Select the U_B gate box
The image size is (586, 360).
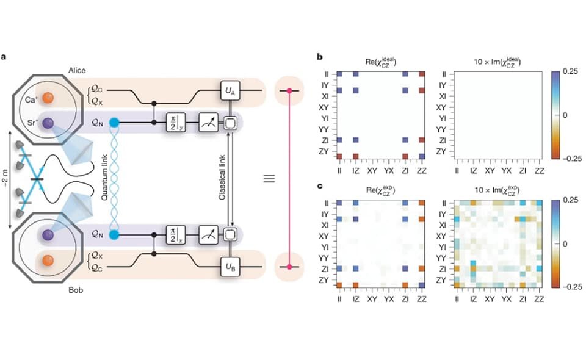[230, 267]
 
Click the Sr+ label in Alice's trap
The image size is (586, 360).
[32, 124]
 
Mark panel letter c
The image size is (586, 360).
[320, 185]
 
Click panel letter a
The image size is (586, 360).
[4, 57]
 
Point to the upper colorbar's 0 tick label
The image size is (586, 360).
[565, 115]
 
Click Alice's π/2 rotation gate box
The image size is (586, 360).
[175, 124]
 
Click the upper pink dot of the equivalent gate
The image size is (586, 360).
[289, 91]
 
